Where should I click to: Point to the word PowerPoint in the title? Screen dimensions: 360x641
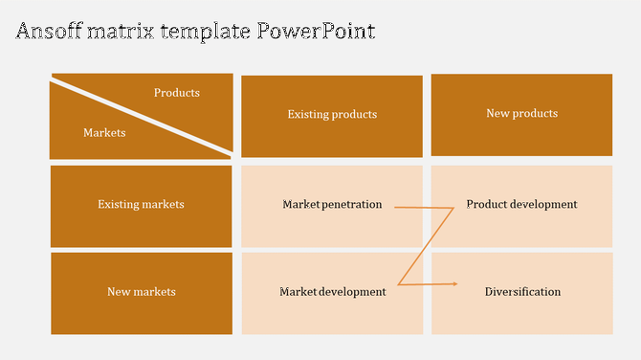pyautogui.click(x=317, y=31)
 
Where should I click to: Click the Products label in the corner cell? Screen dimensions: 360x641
pyautogui.click(x=177, y=93)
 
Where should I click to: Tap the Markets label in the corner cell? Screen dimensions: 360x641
pyautogui.click(x=104, y=133)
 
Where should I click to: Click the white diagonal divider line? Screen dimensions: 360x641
pyautogui.click(x=141, y=117)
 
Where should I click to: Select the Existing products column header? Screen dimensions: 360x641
pyautogui.click(x=332, y=115)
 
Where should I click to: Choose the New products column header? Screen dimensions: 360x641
pyautogui.click(x=521, y=114)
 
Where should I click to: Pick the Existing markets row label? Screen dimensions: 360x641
pyautogui.click(x=141, y=204)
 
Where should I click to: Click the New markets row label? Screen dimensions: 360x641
pyautogui.click(x=141, y=292)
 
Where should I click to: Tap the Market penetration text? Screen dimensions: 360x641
pyautogui.click(x=332, y=204)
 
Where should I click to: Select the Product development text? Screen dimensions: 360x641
pyautogui.click(x=521, y=204)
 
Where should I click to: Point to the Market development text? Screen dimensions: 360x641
pyautogui.click(x=332, y=292)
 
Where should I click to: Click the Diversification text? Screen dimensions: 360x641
pyautogui.click(x=522, y=292)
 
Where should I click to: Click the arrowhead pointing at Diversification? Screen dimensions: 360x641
pyautogui.click(x=455, y=283)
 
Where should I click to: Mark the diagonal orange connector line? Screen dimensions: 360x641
pyautogui.click(x=426, y=246)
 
